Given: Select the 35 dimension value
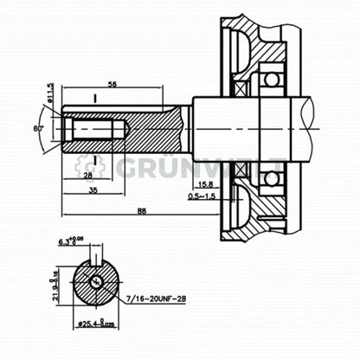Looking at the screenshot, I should [x=93, y=191].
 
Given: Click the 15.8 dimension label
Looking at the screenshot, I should [x=207, y=183].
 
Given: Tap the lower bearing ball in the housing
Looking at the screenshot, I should [x=271, y=177].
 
